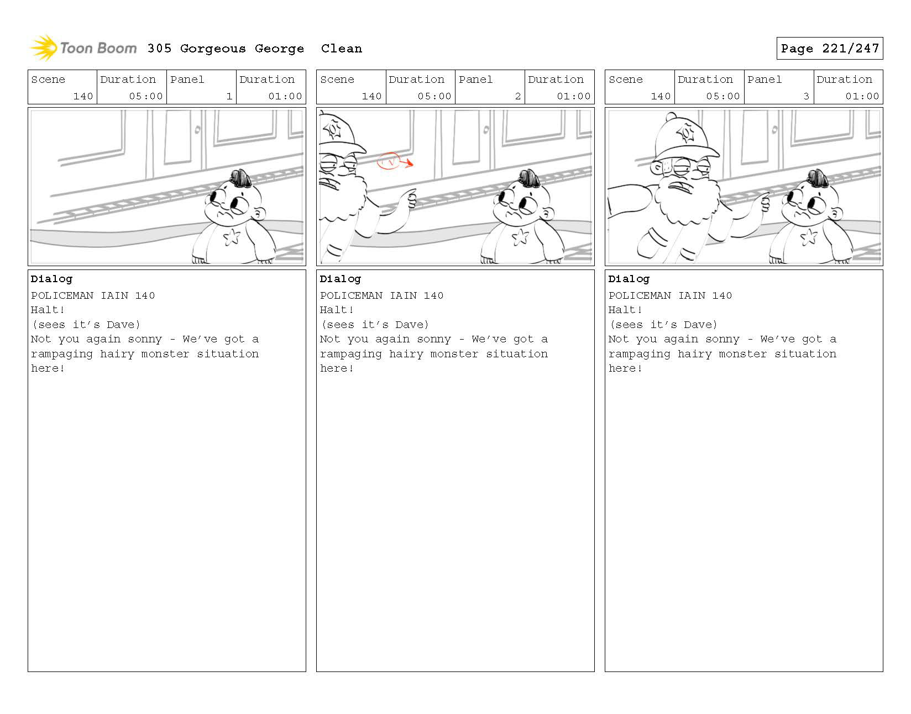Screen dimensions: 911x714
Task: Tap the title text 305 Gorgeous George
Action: [x=226, y=49]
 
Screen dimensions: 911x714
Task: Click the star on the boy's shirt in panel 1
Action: [x=232, y=237]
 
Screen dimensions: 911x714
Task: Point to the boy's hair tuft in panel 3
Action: [x=818, y=178]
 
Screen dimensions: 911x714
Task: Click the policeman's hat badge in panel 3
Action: [x=686, y=134]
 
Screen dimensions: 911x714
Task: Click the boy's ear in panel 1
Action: [x=259, y=214]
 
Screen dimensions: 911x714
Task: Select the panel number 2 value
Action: [x=517, y=96]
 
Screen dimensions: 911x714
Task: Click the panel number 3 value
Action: [x=806, y=96]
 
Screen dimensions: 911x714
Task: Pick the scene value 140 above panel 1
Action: [x=83, y=96]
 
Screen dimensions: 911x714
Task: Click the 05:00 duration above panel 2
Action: [x=434, y=96]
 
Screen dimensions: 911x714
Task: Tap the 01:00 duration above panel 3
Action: [x=862, y=96]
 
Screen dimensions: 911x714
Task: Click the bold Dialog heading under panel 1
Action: [x=51, y=279]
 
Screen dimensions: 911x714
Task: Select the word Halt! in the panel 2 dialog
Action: [x=337, y=310]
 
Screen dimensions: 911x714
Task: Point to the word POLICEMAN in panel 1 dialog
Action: [x=62, y=295]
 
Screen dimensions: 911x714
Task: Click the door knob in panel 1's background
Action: [x=197, y=130]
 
